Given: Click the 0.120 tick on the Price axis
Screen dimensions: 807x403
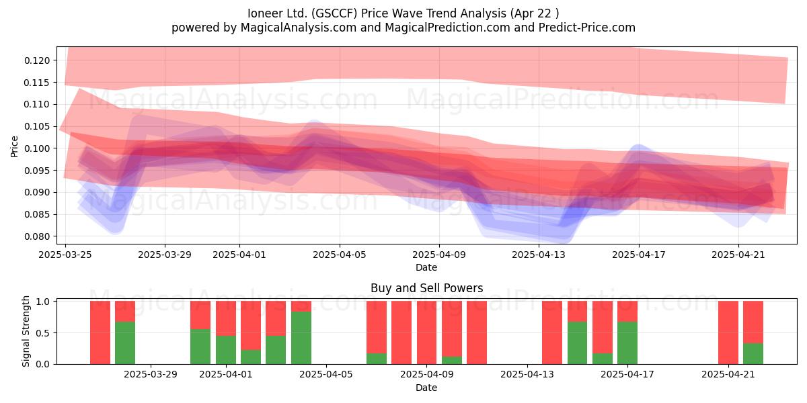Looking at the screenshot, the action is pos(37,60).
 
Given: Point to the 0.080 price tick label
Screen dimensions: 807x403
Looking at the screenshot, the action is pos(37,236).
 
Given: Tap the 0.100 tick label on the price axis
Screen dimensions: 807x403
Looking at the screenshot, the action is pos(37,148).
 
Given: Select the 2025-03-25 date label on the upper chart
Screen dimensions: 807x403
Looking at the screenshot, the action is pos(65,255).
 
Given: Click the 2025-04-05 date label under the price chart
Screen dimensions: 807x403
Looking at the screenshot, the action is pos(340,255).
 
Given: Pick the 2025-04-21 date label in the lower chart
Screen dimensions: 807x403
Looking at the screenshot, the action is pos(728,374).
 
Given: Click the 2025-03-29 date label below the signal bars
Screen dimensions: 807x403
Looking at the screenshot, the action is pos(151,374).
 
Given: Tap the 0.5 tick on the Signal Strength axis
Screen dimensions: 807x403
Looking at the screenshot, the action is pos(43,333).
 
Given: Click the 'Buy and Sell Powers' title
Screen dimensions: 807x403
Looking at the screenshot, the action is pos(426,288).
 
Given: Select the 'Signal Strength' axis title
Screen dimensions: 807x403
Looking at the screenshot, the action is pos(26,331).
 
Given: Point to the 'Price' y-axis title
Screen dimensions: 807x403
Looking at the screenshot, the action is pos(14,146).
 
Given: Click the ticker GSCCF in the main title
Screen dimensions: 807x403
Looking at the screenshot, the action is pos(334,13).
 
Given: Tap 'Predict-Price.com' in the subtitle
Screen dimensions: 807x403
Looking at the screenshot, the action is pos(587,28).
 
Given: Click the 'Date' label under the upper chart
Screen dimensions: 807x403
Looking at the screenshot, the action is pos(426,267).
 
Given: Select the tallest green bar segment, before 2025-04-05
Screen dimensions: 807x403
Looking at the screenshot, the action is pos(301,338).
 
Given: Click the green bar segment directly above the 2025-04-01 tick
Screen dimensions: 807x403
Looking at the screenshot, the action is pos(226,350).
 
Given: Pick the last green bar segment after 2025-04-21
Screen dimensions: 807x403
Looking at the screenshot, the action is pos(753,354).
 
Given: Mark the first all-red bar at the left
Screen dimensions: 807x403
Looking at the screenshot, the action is pos(100,332).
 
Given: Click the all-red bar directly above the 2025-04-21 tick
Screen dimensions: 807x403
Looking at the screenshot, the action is pos(728,332).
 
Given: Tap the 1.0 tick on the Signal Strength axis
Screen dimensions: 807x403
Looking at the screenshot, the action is pos(43,301).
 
